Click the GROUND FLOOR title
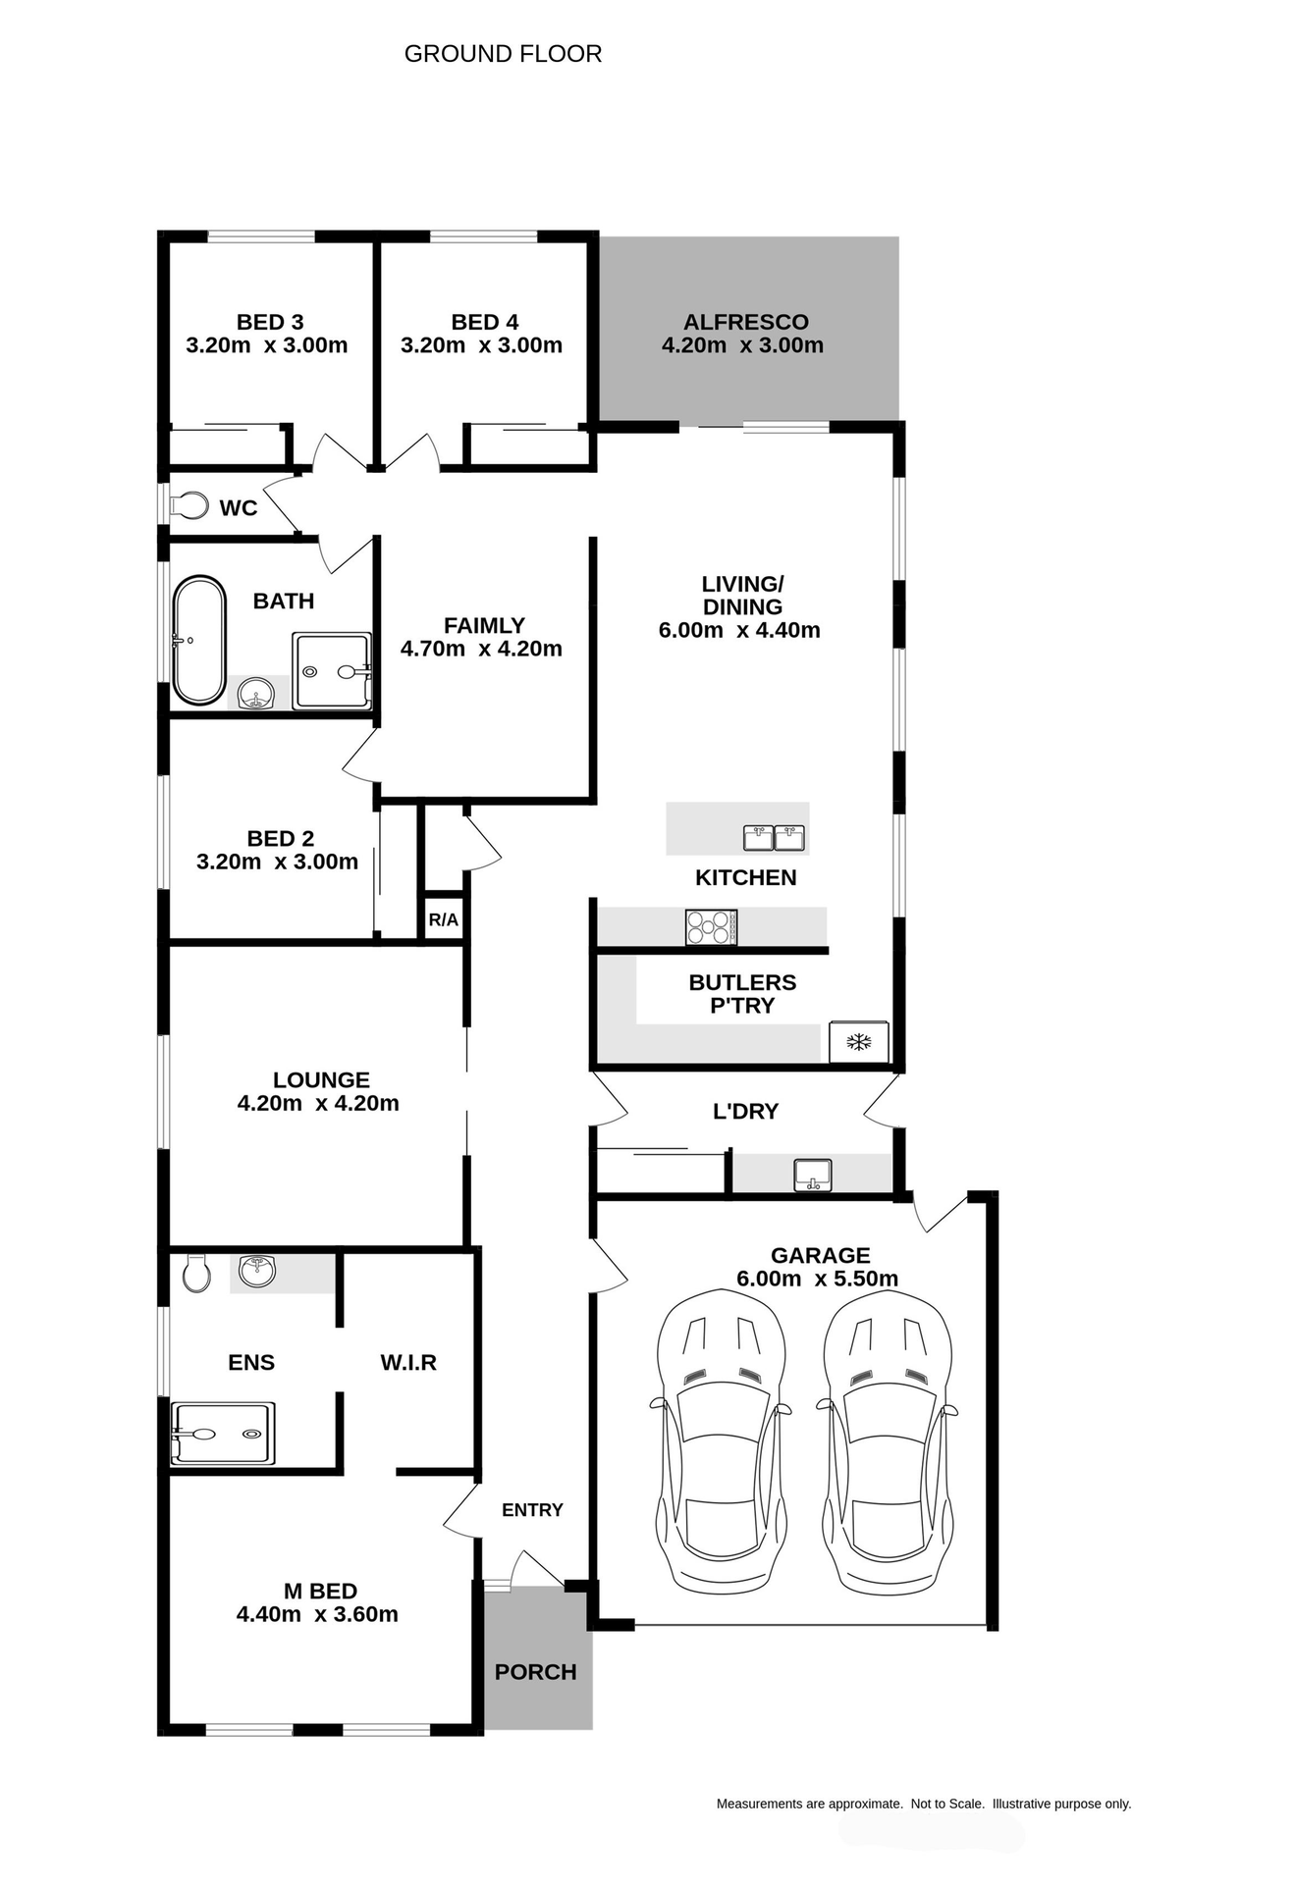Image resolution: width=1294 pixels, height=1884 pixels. click(503, 54)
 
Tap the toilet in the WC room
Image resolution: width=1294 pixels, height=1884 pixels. click(191, 506)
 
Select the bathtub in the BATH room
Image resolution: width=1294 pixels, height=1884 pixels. click(199, 640)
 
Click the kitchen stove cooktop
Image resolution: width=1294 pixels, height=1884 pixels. click(711, 927)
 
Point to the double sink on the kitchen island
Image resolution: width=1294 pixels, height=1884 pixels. click(774, 838)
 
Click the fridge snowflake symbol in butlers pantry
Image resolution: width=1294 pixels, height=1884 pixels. click(859, 1042)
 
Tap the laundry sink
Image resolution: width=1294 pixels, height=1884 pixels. click(812, 1175)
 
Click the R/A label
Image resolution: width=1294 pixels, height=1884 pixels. click(443, 919)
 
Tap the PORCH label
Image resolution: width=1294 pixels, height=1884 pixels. click(535, 1672)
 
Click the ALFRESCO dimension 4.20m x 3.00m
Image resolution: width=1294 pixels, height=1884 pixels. click(742, 345)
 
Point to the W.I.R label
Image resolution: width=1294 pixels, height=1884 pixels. click(408, 1362)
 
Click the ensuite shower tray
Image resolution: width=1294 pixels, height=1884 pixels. click(223, 1434)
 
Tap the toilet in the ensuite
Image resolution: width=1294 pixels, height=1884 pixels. click(197, 1273)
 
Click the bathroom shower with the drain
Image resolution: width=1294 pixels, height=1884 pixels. click(332, 671)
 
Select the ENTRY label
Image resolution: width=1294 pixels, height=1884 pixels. click(532, 1510)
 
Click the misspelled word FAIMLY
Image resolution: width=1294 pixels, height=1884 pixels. click(484, 625)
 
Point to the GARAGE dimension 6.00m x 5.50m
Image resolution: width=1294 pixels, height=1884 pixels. click(817, 1279)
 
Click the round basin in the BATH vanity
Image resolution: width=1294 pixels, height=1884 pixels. click(256, 693)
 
